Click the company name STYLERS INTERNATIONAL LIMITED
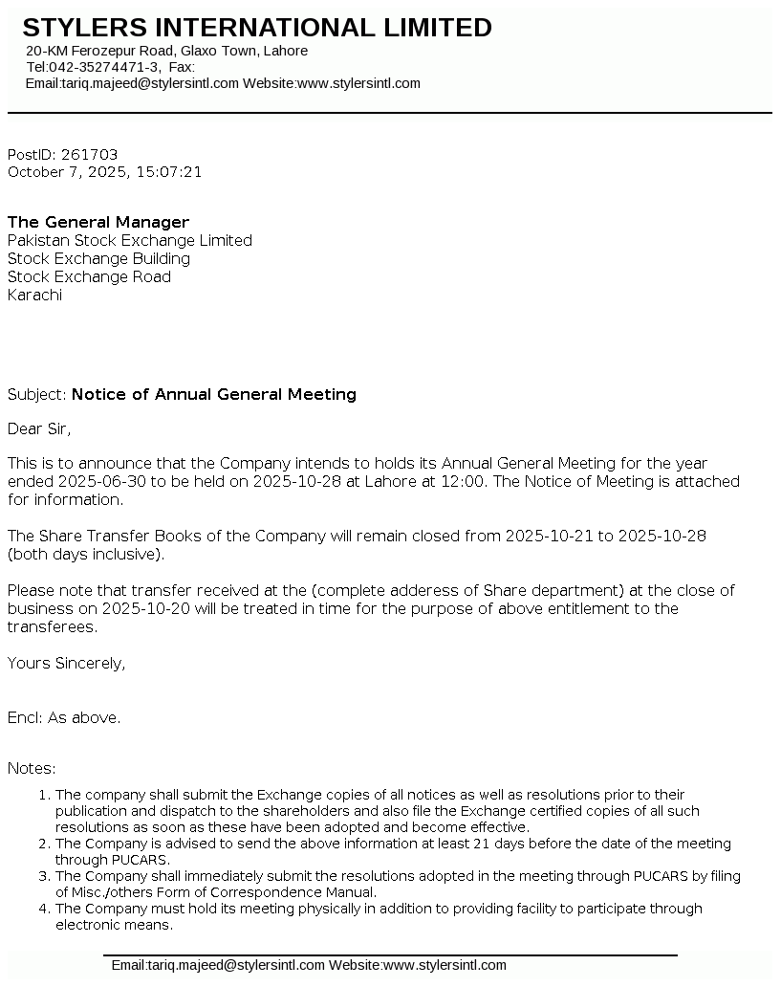point(257,28)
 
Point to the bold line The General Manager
point(98,223)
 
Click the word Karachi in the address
point(34,296)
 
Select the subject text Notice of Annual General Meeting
point(214,394)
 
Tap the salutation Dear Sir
point(38,428)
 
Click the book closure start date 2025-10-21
point(549,536)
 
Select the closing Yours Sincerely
point(66,663)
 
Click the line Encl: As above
point(64,717)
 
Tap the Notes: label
point(32,768)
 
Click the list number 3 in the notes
point(43,876)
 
